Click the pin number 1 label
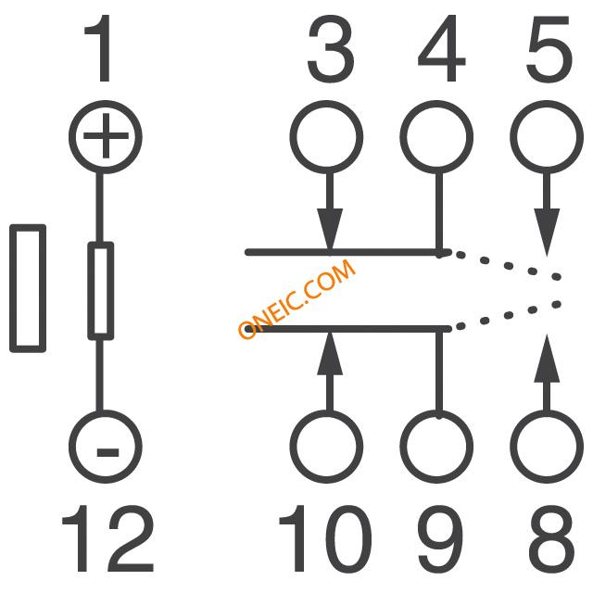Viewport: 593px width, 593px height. click(98, 48)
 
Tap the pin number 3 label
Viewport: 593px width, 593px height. click(331, 49)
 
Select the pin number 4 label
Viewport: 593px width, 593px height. click(441, 48)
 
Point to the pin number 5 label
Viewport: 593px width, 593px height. click(549, 49)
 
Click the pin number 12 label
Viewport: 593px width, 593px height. click(108, 538)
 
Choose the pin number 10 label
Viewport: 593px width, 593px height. click(325, 538)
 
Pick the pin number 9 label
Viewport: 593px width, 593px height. click(441, 538)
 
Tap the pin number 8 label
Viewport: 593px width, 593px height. click(552, 538)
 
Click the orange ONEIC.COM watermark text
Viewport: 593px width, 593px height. click(296, 298)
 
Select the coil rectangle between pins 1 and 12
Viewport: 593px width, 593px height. click(101, 290)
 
